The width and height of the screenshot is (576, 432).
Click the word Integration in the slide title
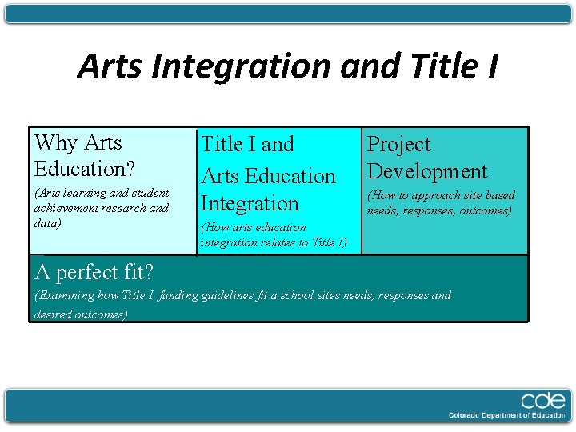240,66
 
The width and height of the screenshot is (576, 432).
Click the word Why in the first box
57,143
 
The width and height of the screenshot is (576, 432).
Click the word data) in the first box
47,222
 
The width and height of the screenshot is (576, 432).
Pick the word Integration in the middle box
250,203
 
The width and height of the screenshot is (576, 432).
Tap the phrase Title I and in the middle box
247,145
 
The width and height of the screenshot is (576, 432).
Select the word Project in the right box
398,145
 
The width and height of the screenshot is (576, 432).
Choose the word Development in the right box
426,171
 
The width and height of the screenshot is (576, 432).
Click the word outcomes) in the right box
485,210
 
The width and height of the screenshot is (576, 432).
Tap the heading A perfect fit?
94,272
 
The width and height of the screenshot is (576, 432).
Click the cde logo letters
543,401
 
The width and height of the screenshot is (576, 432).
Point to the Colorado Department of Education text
507,415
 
